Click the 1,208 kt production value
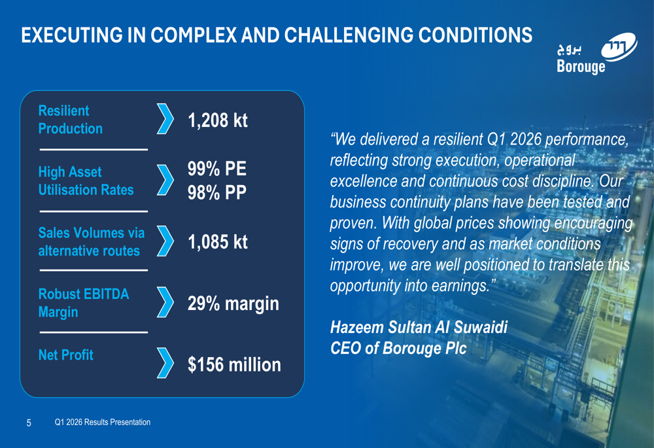tap(218, 121)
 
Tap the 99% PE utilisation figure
tap(217, 169)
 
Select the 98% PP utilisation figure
tap(217, 194)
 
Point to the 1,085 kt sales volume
tap(218, 242)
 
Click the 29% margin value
tap(233, 303)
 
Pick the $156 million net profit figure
tap(234, 364)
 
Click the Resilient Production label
tap(71, 120)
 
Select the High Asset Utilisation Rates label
tap(86, 181)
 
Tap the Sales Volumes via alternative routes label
tap(92, 242)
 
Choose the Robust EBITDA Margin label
tap(84, 303)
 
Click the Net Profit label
tap(65, 355)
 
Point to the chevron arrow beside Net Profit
tap(165, 364)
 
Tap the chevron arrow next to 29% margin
tap(165, 303)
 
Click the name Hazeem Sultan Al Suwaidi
tap(419, 326)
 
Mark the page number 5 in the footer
tap(28, 422)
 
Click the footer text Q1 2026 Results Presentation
tap(103, 422)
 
